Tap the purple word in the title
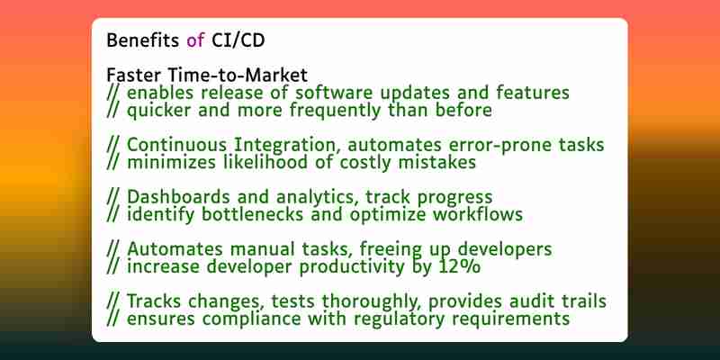point(195,40)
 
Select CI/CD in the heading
point(238,40)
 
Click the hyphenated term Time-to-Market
point(238,75)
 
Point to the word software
point(332,93)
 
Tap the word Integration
point(288,146)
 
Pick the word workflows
point(478,214)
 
